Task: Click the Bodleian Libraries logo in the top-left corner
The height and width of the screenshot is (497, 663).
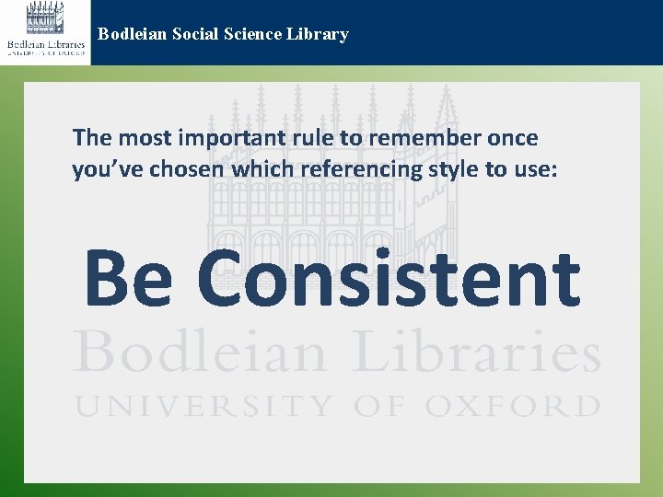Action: [45, 31]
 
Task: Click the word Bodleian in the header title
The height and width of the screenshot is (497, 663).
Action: [130, 35]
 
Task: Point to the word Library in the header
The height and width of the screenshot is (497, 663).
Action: [319, 35]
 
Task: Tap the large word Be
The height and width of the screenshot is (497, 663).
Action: [128, 279]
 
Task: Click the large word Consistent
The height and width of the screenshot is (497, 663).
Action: [388, 279]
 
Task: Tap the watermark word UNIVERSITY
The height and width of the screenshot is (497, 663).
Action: [204, 406]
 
